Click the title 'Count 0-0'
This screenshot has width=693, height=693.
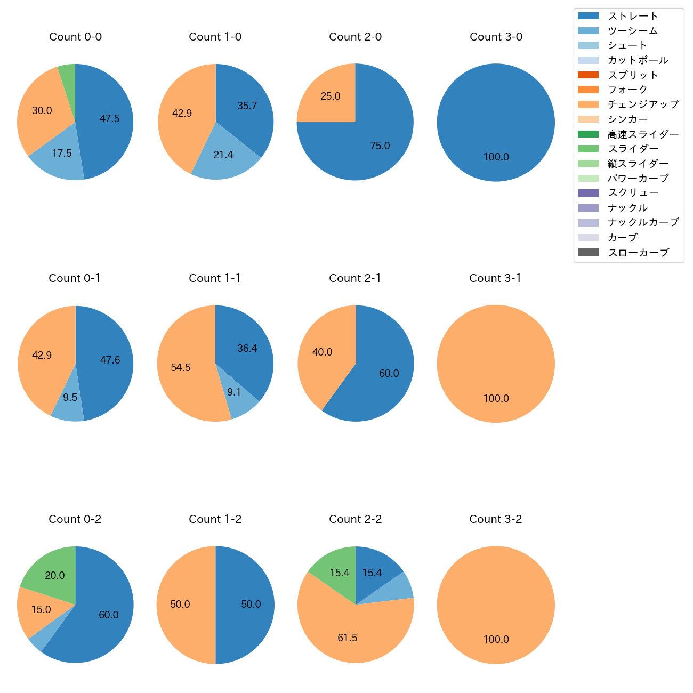click(75, 37)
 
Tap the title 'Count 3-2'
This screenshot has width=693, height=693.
click(495, 519)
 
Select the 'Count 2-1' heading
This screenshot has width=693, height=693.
click(355, 278)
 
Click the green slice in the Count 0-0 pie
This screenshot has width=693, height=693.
click(67, 80)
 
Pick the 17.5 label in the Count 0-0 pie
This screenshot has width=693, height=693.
click(62, 154)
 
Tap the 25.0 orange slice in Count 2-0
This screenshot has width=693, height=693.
click(331, 96)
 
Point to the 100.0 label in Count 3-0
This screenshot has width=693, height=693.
click(496, 157)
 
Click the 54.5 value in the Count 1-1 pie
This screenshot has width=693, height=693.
click(181, 368)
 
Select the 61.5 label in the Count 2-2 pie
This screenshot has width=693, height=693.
click(348, 638)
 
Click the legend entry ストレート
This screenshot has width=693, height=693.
click(633, 16)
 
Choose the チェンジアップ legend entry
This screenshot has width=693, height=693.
click(643, 104)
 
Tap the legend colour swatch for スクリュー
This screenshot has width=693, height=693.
click(588, 193)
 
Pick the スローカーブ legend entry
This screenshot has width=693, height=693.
click(638, 253)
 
